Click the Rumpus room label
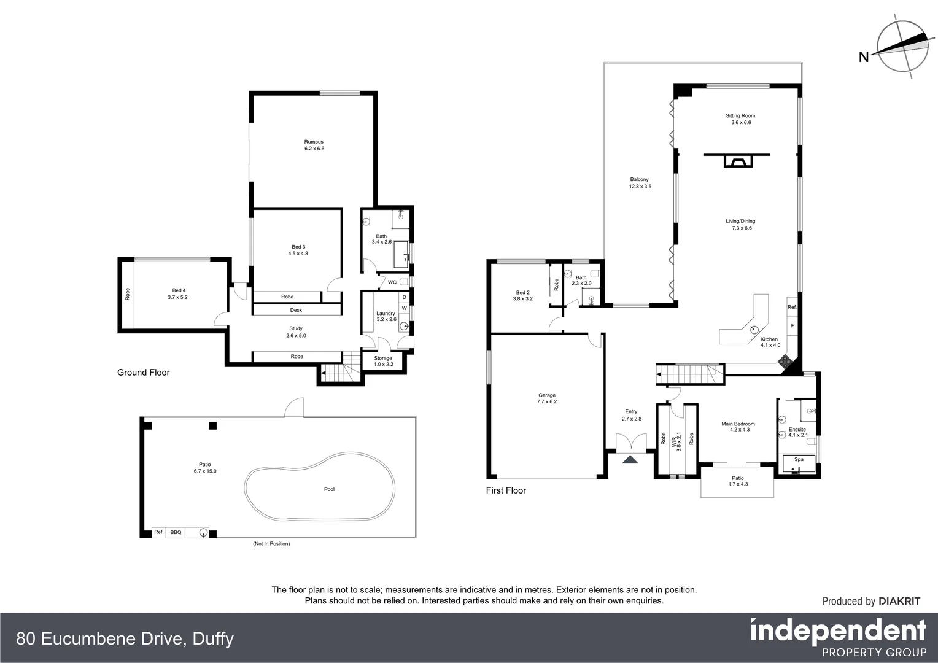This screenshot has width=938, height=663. coord(314,142)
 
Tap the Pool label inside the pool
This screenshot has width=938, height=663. coord(329,489)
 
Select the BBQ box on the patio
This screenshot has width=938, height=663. coord(176,532)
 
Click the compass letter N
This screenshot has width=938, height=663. coord(863,58)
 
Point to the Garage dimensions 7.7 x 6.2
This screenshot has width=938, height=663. coord(546,401)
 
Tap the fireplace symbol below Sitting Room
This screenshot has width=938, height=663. coord(737,161)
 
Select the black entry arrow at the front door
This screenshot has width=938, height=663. coord(630,460)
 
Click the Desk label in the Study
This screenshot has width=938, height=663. coord(296,310)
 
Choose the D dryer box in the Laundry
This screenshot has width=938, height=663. coord(404,297)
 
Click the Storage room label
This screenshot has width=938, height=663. coord(382,358)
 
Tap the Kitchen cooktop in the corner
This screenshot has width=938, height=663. coord(785,362)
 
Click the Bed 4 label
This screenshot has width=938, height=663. coord(179,290)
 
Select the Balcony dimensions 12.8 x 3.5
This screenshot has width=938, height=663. coord(640,187)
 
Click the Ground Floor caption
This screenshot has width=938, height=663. coord(143,373)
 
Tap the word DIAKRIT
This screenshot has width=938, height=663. coord(899,602)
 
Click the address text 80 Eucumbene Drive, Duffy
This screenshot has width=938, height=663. coord(125,639)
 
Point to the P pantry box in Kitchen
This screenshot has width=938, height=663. coord(793,326)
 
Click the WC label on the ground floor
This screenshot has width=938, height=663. coord(392,282)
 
